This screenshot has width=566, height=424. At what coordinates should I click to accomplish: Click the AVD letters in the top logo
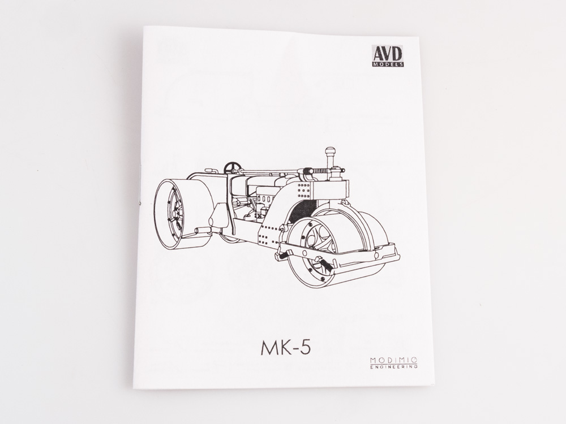coord(388,53)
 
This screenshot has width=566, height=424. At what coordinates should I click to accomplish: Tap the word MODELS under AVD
coord(388,64)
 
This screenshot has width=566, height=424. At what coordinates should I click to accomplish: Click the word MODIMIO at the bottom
coord(394,360)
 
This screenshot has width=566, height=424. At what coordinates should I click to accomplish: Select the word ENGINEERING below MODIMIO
coord(394,367)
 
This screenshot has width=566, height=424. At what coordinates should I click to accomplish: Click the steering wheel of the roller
coord(232,167)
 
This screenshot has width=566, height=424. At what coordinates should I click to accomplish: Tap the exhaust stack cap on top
coord(329,152)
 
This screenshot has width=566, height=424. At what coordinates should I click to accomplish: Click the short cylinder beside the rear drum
coord(203,230)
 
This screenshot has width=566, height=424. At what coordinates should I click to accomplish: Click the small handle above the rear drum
coord(211,170)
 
